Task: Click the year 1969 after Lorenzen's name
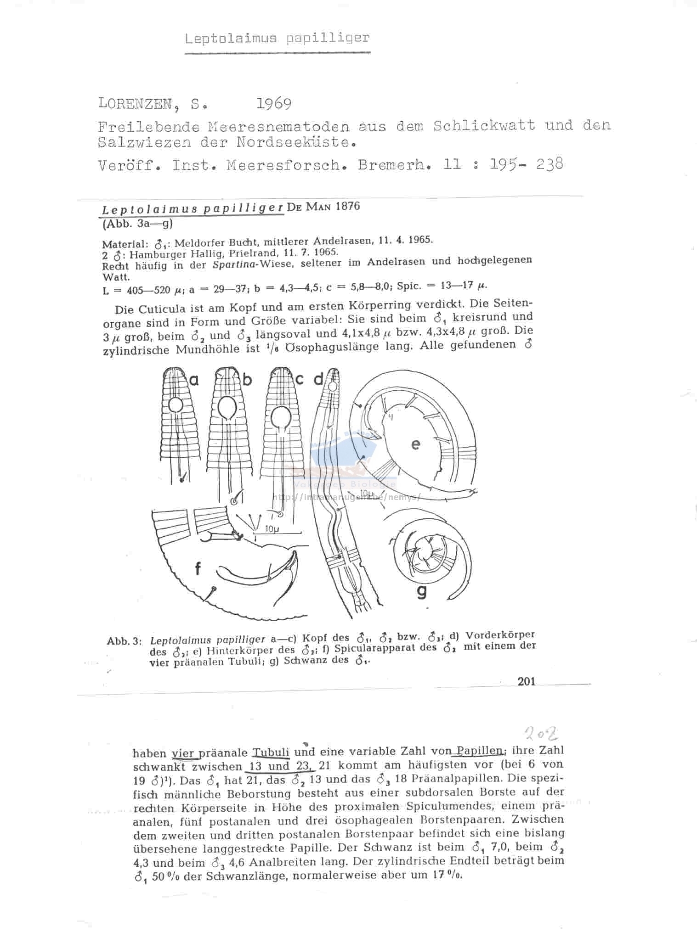coord(274,104)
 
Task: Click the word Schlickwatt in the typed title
coord(484,125)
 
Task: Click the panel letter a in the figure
coord(194,380)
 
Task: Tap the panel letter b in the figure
coord(248,380)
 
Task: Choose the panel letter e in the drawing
coord(416,444)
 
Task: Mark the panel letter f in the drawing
coord(198,569)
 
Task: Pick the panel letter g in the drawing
coord(421,592)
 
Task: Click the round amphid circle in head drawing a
coord(175,405)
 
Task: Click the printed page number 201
coord(527,681)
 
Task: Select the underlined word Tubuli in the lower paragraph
coord(271,752)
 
